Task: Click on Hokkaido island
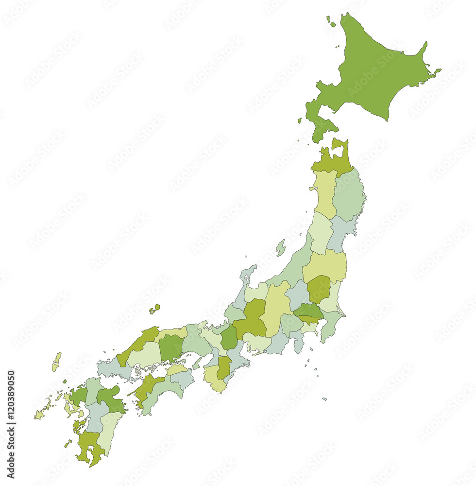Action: [x=374, y=73]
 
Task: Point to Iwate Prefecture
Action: [x=349, y=194]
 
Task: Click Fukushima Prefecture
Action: [x=324, y=265]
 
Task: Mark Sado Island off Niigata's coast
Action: [x=280, y=247]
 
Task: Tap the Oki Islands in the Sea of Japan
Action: [x=155, y=308]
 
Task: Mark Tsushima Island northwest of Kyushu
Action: [x=57, y=362]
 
